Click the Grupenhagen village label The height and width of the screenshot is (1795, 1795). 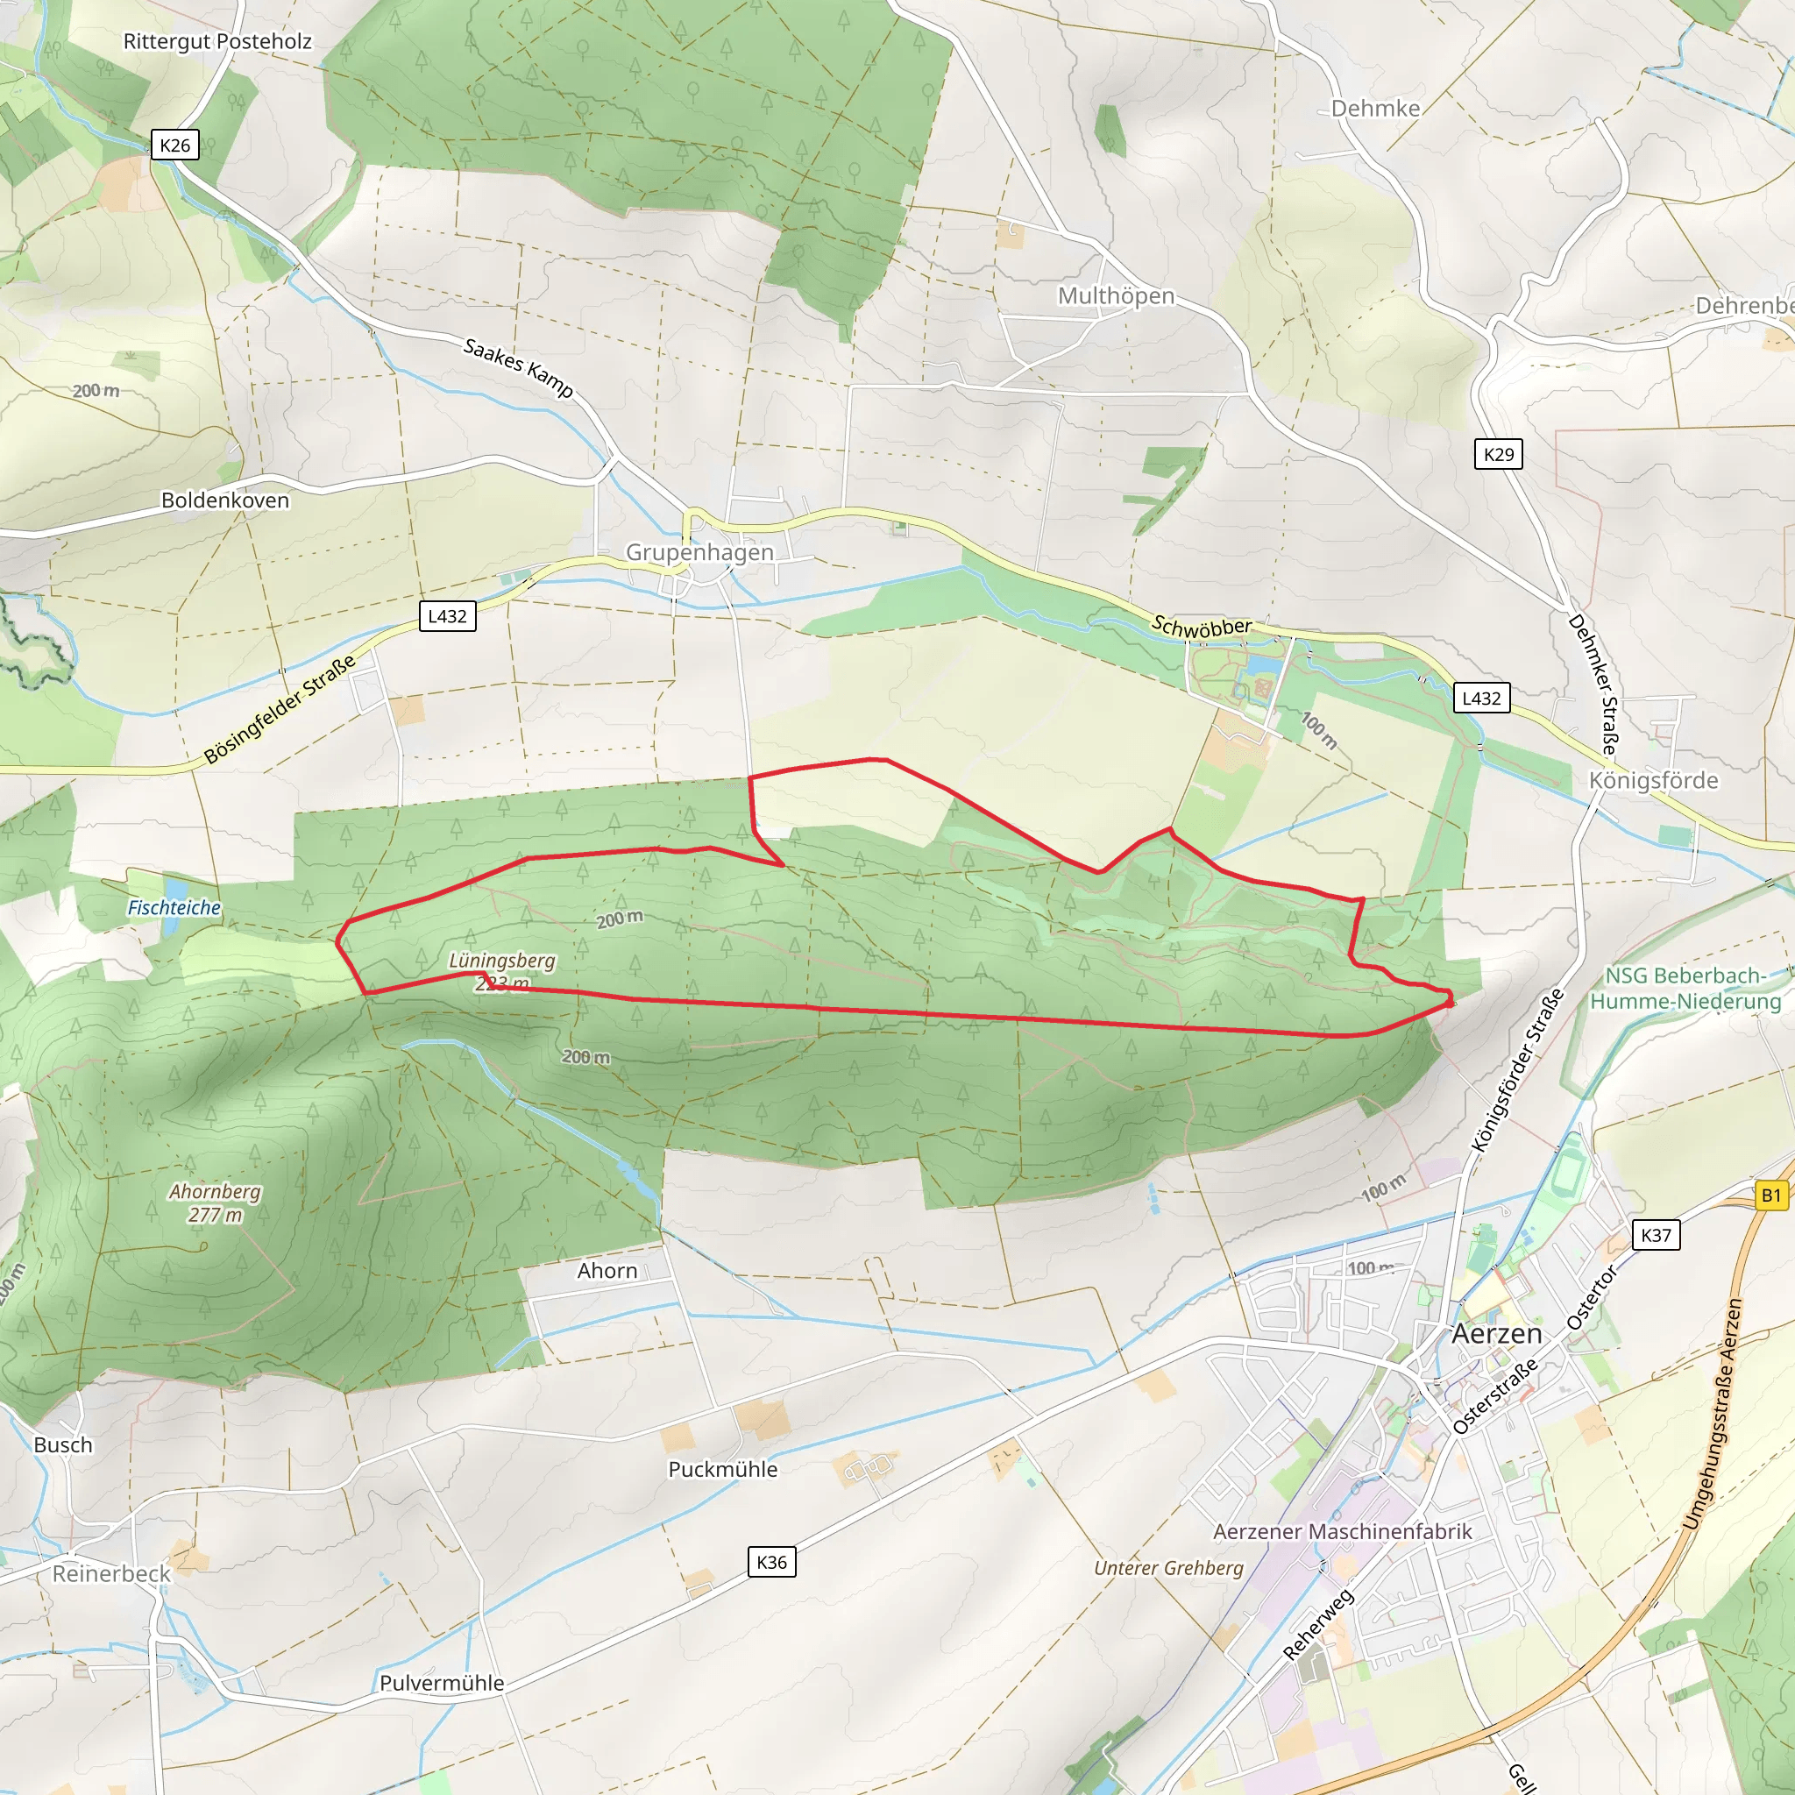tap(699, 552)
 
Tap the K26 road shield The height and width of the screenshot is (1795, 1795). tap(174, 145)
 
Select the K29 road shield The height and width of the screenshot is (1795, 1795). tap(1498, 454)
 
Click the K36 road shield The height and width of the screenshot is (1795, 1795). tap(771, 1562)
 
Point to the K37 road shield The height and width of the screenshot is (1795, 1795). tap(1656, 1235)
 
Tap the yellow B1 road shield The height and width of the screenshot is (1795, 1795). tap(1770, 1195)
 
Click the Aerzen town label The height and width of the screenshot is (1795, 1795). tap(1496, 1334)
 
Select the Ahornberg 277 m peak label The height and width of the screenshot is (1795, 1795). tap(215, 1203)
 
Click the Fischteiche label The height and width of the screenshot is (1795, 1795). tap(174, 908)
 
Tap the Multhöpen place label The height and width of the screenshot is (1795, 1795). tap(1116, 295)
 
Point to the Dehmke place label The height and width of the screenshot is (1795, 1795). tap(1375, 109)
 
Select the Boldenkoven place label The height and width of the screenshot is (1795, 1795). tap(225, 500)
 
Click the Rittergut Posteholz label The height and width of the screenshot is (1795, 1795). tap(217, 41)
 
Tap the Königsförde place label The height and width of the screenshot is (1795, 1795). tap(1653, 780)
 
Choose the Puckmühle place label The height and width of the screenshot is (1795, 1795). tap(723, 1469)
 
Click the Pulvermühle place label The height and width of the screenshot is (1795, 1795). tap(442, 1683)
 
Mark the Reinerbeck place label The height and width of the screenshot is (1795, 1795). tap(111, 1574)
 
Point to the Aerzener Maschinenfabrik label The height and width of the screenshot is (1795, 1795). tap(1343, 1531)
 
